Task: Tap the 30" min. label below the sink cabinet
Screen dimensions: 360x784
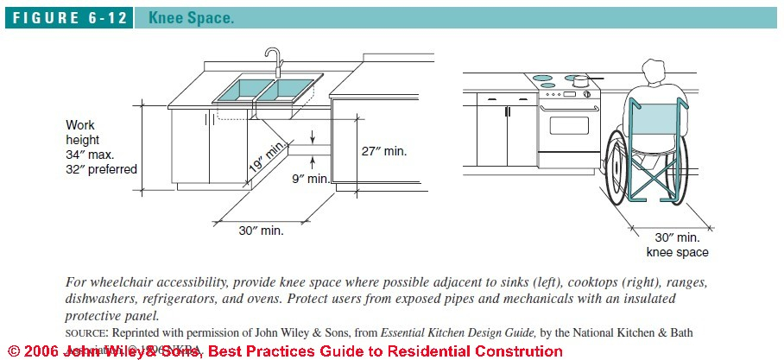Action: [x=261, y=231]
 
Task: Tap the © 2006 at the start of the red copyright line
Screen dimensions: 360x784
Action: [x=30, y=351]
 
